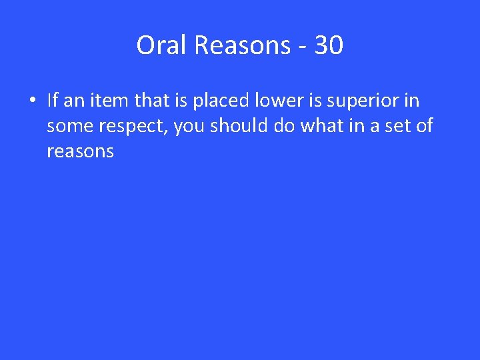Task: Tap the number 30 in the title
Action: click(x=329, y=45)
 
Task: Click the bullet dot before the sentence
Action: click(x=32, y=101)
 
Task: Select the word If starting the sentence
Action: click(x=53, y=101)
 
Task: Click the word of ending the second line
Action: click(x=424, y=126)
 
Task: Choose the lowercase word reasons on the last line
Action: click(x=80, y=152)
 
